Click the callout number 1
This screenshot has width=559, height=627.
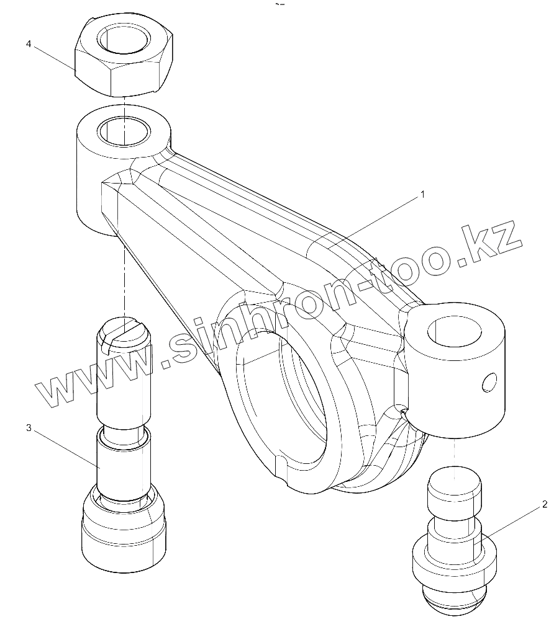click(x=422, y=194)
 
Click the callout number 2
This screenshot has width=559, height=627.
click(x=544, y=504)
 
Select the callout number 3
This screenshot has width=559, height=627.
click(x=29, y=429)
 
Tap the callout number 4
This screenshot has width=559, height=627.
click(x=29, y=44)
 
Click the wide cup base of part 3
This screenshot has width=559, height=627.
click(x=124, y=533)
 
